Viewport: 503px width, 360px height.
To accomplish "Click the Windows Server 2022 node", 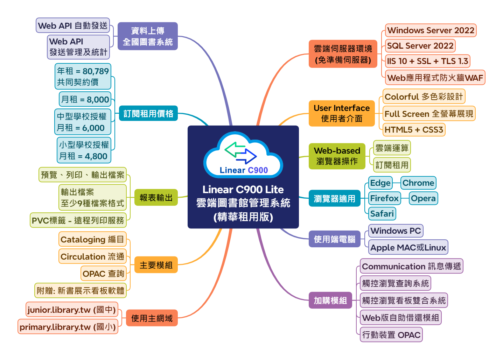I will (x=431, y=30).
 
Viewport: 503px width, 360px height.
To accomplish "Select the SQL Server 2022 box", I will (x=420, y=46).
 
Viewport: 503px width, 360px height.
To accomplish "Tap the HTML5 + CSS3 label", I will (x=414, y=130).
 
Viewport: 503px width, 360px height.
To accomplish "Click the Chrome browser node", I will (x=418, y=183).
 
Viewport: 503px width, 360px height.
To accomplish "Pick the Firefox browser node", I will (x=384, y=198).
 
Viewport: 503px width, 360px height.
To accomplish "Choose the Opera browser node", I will (x=423, y=198).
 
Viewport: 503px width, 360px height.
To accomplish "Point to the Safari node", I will (x=382, y=213).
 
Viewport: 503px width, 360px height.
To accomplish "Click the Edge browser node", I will (x=380, y=183).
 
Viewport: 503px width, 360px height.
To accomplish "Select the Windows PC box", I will (x=396, y=231).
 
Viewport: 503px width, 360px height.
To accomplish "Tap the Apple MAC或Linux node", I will (x=408, y=247).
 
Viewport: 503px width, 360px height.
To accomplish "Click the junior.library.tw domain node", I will (x=71, y=310).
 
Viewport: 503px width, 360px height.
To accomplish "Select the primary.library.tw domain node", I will (x=68, y=327).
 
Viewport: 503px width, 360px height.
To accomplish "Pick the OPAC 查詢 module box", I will (x=103, y=274).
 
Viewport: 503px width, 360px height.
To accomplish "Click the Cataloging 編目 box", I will (x=92, y=240).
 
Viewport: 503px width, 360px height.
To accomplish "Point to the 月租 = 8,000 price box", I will (x=85, y=99).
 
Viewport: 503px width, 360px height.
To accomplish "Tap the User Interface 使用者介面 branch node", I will (x=341, y=113).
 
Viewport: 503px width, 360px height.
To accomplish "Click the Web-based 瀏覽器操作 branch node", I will (x=337, y=156).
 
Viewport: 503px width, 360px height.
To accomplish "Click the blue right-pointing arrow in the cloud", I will (x=247, y=156).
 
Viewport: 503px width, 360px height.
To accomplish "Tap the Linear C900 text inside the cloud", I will (x=244, y=170).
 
